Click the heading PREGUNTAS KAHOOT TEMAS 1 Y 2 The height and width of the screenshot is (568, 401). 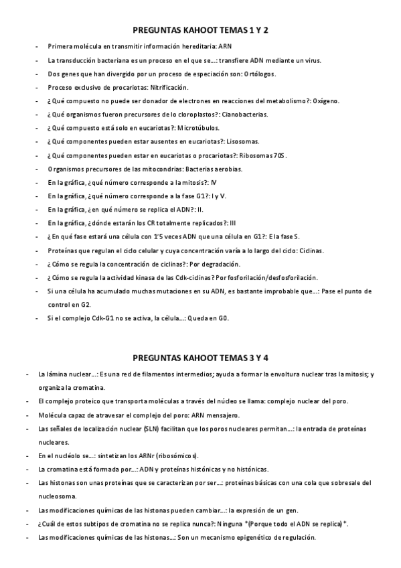click(x=201, y=30)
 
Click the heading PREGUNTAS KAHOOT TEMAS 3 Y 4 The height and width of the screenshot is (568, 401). click(x=201, y=356)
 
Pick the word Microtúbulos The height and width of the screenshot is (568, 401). click(x=202, y=129)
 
